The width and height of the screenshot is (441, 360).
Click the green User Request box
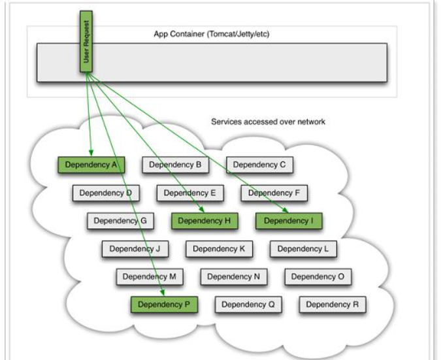coord(86,41)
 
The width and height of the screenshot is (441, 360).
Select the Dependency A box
coord(91,165)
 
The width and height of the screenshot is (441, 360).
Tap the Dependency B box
coord(175,165)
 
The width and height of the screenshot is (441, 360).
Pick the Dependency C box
coord(259,165)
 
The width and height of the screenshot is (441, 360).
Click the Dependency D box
coord(106,193)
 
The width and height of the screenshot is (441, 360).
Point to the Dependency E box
coord(190,193)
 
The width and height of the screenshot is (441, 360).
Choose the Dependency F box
coord(274,193)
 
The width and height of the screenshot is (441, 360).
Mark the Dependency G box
coord(120,221)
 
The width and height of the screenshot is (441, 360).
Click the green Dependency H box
coord(204,221)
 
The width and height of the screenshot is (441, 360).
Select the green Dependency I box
coord(288,221)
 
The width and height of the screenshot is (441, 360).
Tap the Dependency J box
coord(135,249)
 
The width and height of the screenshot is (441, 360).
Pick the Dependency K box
coord(219,249)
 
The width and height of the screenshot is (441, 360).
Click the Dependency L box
coord(303,249)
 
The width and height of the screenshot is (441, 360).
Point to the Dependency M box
coord(149,277)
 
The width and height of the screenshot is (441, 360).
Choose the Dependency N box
coord(233,277)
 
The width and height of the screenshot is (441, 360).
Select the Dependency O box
coord(318,277)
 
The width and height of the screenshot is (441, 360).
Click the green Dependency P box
coord(164,304)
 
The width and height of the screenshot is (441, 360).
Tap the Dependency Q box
coord(248,304)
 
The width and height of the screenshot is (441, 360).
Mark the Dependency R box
coord(332,304)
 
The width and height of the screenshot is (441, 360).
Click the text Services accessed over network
coord(268,122)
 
